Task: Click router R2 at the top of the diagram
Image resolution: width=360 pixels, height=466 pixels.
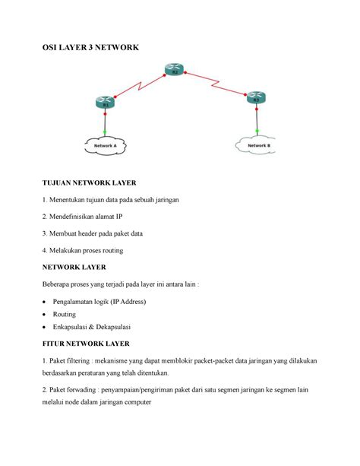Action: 172,71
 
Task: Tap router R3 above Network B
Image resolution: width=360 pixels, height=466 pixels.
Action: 257,97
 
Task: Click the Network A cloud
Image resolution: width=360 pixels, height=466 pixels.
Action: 105,145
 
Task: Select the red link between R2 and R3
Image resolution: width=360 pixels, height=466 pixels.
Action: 216,84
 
